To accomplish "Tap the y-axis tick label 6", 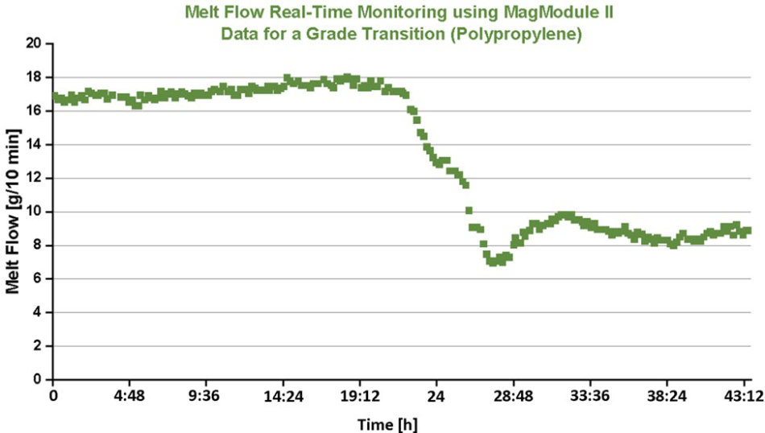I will pyautogui.click(x=39, y=278).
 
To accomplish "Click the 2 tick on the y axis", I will pyautogui.click(x=39, y=345).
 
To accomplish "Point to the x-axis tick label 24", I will pyautogui.click(x=436, y=398).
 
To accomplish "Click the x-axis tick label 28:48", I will pyautogui.click(x=513, y=398).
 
